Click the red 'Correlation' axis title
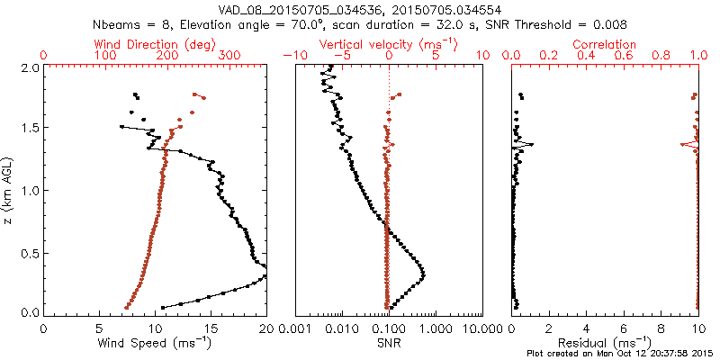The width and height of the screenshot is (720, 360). pyautogui.click(x=605, y=43)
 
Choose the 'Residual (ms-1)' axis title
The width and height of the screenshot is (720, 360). pyautogui.click(x=605, y=343)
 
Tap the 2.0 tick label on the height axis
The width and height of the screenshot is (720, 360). pyautogui.click(x=29, y=67)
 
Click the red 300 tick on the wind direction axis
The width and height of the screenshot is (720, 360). pyautogui.click(x=229, y=56)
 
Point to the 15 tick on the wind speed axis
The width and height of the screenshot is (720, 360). pyautogui.click(x=211, y=330)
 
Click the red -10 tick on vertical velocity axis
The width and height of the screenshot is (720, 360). pyautogui.click(x=290, y=56)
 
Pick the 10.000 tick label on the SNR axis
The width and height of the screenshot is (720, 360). pyautogui.click(x=482, y=330)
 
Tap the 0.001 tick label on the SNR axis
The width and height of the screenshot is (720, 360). pyautogui.click(x=295, y=330)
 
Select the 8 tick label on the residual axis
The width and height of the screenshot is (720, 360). pyautogui.click(x=661, y=330)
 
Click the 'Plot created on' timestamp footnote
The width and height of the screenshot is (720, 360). pyautogui.click(x=621, y=353)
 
